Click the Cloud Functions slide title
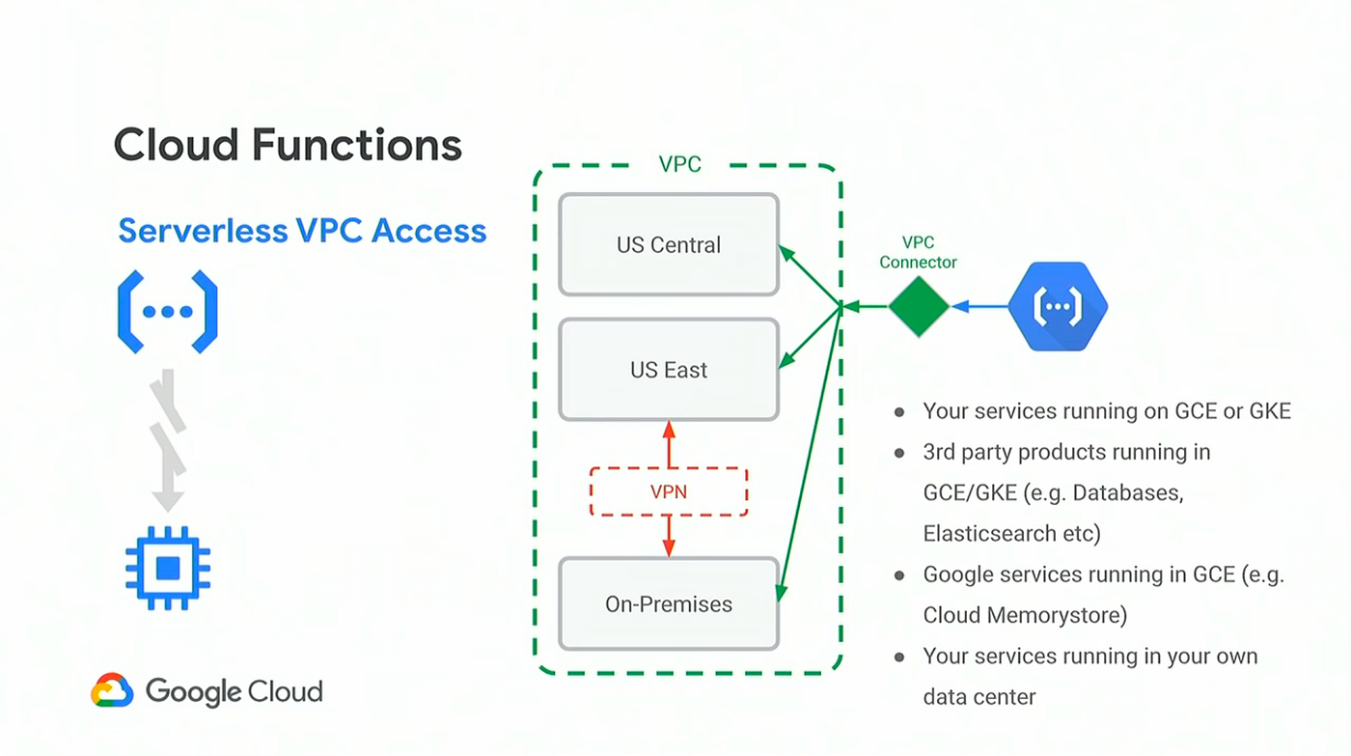288,145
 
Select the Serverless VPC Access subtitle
302,231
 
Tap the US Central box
668,244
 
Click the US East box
668,370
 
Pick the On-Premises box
668,604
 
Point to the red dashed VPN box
668,491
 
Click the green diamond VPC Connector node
919,306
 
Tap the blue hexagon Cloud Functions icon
1058,306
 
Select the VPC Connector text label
918,252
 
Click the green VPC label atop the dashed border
679,164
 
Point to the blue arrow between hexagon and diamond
979,306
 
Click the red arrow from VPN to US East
669,444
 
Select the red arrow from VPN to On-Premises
669,536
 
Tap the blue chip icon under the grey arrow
168,568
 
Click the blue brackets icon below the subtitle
168,312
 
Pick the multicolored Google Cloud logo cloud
112,690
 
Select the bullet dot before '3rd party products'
899,453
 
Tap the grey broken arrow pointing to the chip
168,439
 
